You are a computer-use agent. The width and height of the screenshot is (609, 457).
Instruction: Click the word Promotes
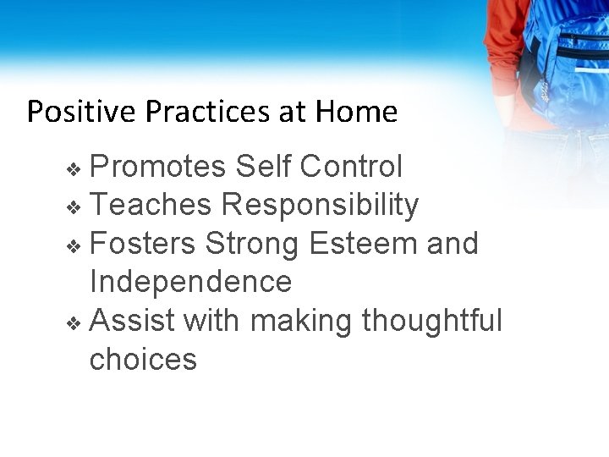[x=157, y=168]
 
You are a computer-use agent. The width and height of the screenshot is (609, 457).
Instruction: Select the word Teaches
[x=151, y=205]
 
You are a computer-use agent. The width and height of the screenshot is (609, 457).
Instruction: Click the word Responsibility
[x=320, y=205]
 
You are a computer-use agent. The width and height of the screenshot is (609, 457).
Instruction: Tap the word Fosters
[x=143, y=244]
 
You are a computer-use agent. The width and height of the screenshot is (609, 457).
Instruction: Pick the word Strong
[x=252, y=244]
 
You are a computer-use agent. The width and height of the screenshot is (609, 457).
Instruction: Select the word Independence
[x=190, y=282]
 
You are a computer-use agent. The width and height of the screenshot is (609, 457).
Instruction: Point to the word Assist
[x=131, y=321]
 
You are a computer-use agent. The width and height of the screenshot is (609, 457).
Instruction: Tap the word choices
[x=143, y=360]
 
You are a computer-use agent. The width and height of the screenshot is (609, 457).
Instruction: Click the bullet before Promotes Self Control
[x=74, y=169]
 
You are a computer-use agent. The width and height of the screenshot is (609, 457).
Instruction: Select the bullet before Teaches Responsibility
[x=74, y=207]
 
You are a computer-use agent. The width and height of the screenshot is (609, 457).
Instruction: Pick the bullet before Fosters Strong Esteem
[x=74, y=246]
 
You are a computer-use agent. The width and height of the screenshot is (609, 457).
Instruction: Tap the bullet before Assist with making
[x=74, y=323]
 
